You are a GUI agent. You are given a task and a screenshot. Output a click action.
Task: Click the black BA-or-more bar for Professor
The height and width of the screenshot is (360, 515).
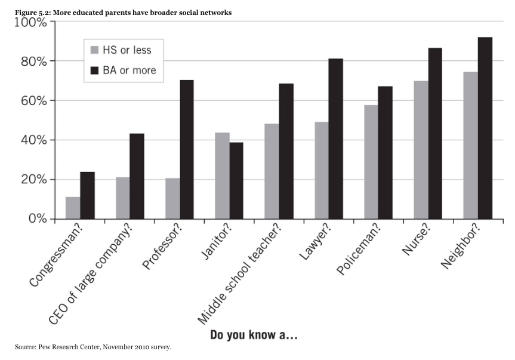pos(187,149)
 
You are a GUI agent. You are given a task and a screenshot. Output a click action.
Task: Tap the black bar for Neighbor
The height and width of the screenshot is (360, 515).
pos(485,128)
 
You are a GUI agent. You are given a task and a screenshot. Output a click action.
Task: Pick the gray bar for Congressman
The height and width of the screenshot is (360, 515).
pos(73,208)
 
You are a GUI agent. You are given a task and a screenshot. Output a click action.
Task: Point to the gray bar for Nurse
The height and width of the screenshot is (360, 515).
pos(421,150)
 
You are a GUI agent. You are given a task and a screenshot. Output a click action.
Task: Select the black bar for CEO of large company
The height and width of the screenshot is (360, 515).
pos(137,176)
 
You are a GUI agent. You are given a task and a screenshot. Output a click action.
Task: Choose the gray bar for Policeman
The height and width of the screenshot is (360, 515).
pos(371,162)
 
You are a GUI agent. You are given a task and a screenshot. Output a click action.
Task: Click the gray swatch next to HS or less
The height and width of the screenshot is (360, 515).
pos(94,50)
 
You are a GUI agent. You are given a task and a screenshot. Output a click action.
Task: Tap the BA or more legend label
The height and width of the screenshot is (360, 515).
pos(129,70)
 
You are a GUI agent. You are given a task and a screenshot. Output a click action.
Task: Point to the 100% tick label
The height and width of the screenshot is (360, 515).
pos(29,23)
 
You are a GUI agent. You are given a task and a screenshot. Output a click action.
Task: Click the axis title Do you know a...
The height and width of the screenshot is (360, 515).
pos(254,336)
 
